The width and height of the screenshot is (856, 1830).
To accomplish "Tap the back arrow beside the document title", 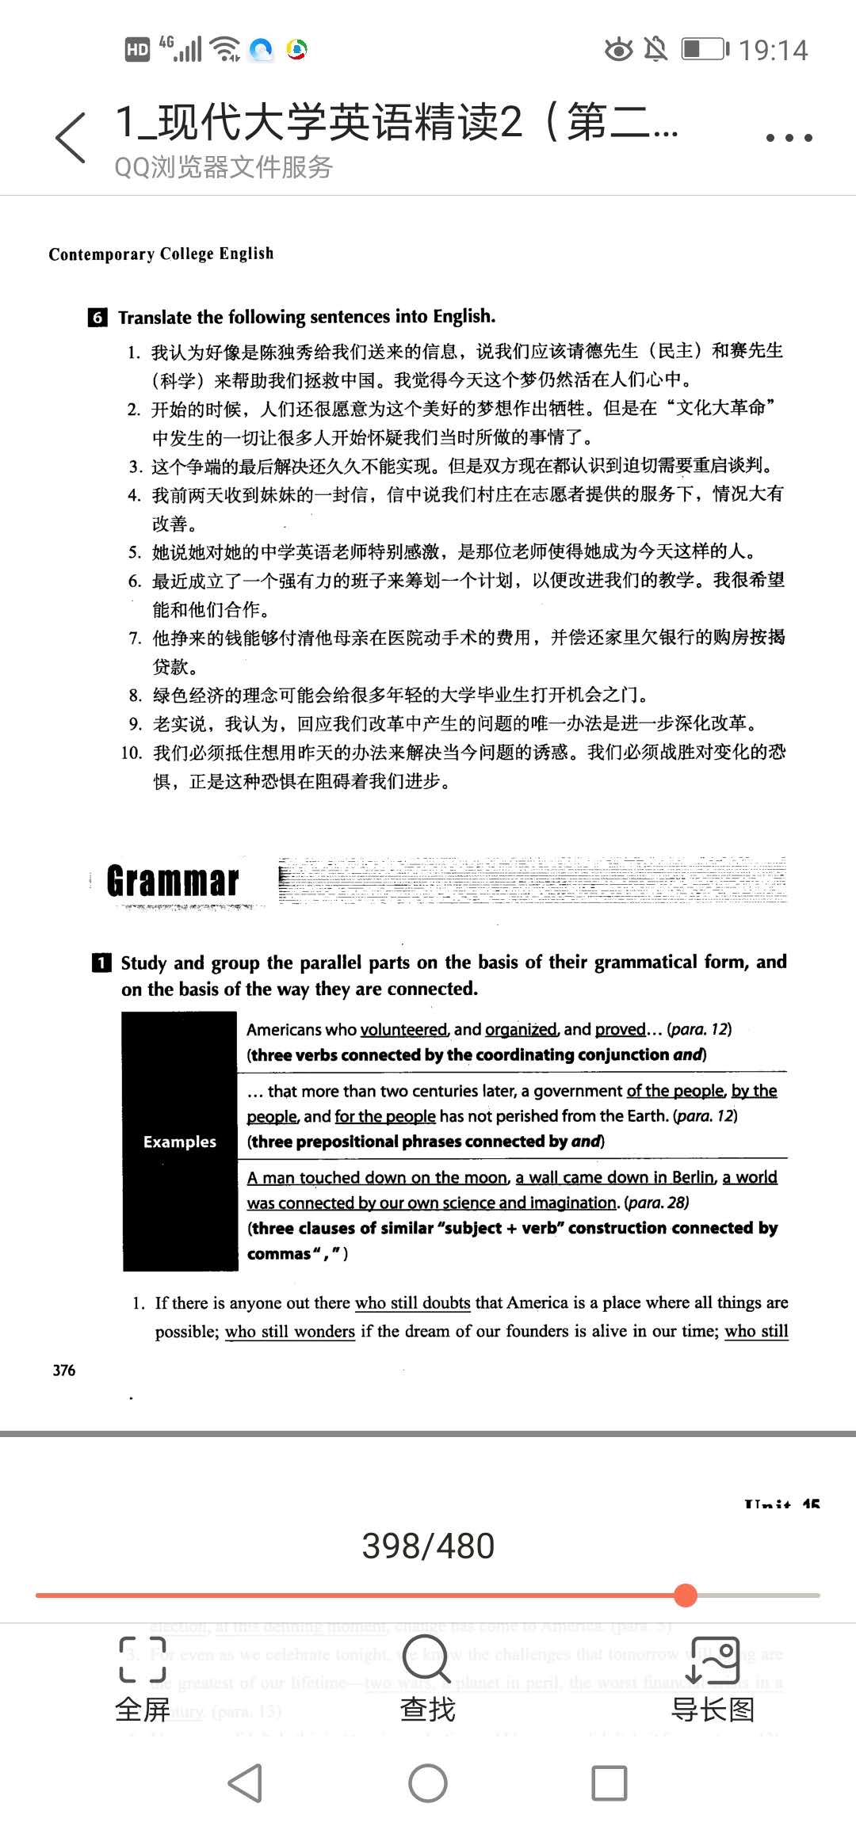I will tap(71, 137).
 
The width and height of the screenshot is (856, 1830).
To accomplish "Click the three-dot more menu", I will tap(789, 137).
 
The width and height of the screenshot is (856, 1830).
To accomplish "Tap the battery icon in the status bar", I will tap(704, 49).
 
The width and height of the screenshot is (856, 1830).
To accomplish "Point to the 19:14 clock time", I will tap(773, 50).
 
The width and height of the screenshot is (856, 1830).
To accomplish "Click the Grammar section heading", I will tap(173, 881).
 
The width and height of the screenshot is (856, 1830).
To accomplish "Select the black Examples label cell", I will tap(180, 1141).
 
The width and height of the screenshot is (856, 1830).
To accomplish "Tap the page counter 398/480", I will tap(428, 1545).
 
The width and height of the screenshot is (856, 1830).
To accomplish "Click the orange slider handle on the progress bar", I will tap(686, 1595).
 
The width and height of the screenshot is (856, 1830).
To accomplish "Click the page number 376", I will tap(64, 1370).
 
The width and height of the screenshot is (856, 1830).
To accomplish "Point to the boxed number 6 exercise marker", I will tap(97, 318).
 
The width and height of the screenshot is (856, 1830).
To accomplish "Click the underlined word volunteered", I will tap(403, 1029).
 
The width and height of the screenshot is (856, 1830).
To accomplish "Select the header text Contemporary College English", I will tap(161, 254).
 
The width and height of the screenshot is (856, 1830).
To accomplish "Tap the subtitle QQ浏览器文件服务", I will tap(224, 167).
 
